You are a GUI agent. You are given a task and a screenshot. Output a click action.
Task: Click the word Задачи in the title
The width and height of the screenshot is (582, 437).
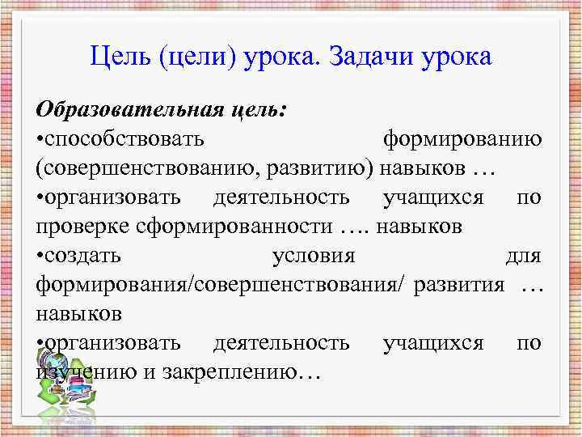[369, 57]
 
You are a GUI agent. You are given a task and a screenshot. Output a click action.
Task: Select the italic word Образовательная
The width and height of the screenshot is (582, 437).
[116, 108]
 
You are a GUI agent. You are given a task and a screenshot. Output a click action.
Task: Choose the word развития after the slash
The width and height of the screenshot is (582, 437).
[458, 284]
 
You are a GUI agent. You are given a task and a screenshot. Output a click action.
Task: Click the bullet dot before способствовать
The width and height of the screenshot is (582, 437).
[40, 139]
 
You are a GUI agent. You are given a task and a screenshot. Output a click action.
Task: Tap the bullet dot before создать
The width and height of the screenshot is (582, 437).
[40, 256]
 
